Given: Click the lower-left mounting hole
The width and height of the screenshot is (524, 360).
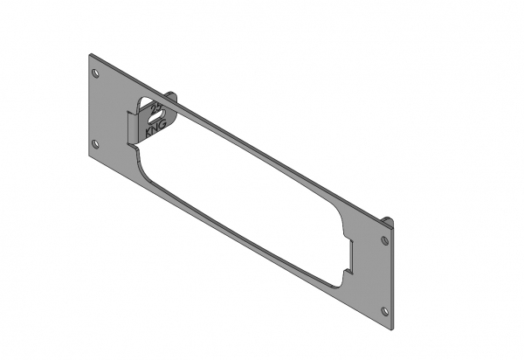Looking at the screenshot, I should click(x=97, y=144).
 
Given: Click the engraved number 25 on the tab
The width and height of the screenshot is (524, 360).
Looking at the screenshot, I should click(x=156, y=111).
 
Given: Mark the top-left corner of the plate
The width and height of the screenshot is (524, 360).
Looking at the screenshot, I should click(x=89, y=55).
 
